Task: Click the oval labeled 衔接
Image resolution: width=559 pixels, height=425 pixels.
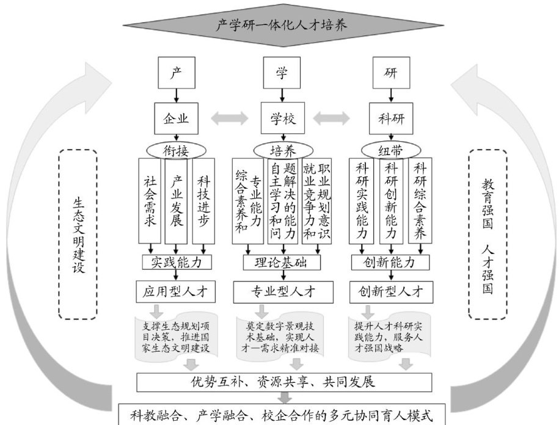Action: tap(177, 149)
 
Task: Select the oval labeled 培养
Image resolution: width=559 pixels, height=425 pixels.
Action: tap(282, 150)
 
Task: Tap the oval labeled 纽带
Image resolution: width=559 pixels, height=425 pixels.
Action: tap(390, 150)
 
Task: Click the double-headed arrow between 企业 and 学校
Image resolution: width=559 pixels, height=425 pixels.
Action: tap(229, 117)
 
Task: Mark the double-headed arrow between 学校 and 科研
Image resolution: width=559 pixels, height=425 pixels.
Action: tap(335, 117)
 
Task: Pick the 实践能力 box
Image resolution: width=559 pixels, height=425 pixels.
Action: tap(177, 263)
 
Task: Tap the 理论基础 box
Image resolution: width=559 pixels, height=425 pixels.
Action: tap(282, 263)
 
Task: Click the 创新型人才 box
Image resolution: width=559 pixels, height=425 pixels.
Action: tap(390, 291)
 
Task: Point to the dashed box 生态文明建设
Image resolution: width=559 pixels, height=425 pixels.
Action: tap(78, 234)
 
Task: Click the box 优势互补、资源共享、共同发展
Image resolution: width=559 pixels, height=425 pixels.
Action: tap(282, 382)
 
